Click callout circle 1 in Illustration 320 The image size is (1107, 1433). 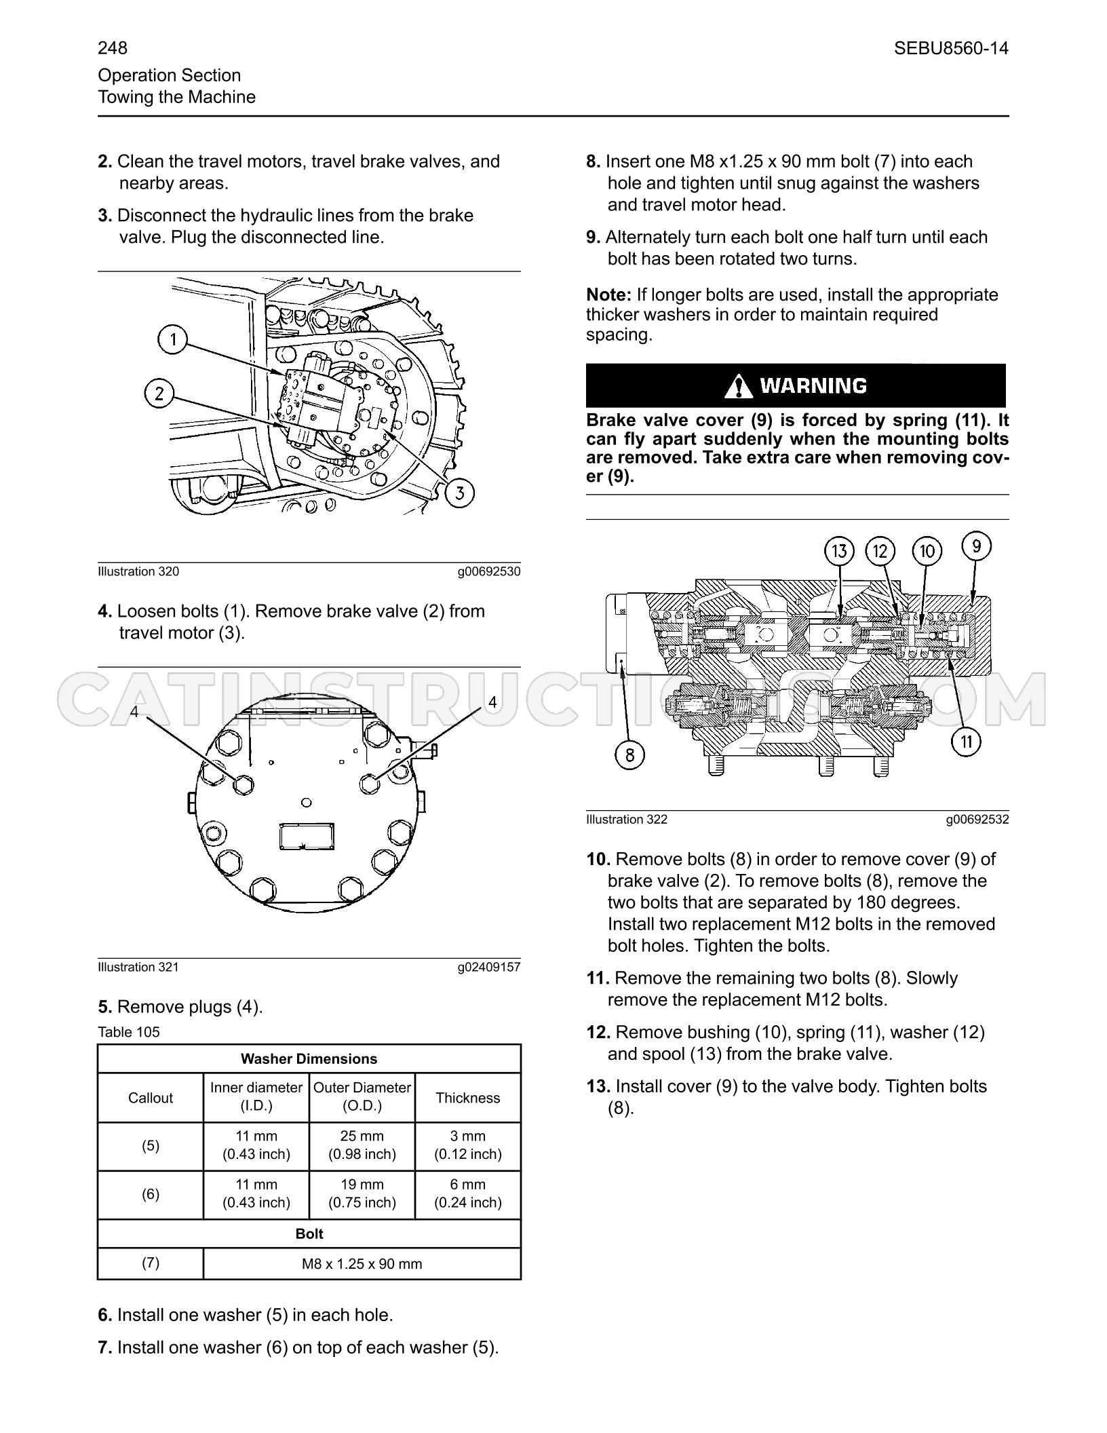[x=173, y=339]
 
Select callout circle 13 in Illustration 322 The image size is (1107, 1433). [x=840, y=551]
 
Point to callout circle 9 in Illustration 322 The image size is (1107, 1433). [x=976, y=546]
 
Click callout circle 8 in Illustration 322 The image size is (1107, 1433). [x=629, y=754]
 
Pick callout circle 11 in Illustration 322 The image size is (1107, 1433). [x=967, y=742]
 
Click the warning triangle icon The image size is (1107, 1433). [x=739, y=386]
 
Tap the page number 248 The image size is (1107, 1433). [x=113, y=48]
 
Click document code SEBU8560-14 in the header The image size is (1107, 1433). [x=951, y=48]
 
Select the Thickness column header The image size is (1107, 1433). [x=468, y=1098]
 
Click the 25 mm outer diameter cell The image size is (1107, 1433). [x=362, y=1145]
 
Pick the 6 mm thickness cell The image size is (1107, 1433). [x=468, y=1193]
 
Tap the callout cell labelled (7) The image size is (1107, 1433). [x=151, y=1263]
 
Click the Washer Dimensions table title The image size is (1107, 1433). [x=309, y=1058]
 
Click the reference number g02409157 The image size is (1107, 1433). [x=489, y=967]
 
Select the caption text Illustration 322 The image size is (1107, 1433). [x=627, y=820]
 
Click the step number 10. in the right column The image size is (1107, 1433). [x=599, y=859]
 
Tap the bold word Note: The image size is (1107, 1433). [x=609, y=295]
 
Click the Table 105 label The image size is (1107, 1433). [x=129, y=1032]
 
